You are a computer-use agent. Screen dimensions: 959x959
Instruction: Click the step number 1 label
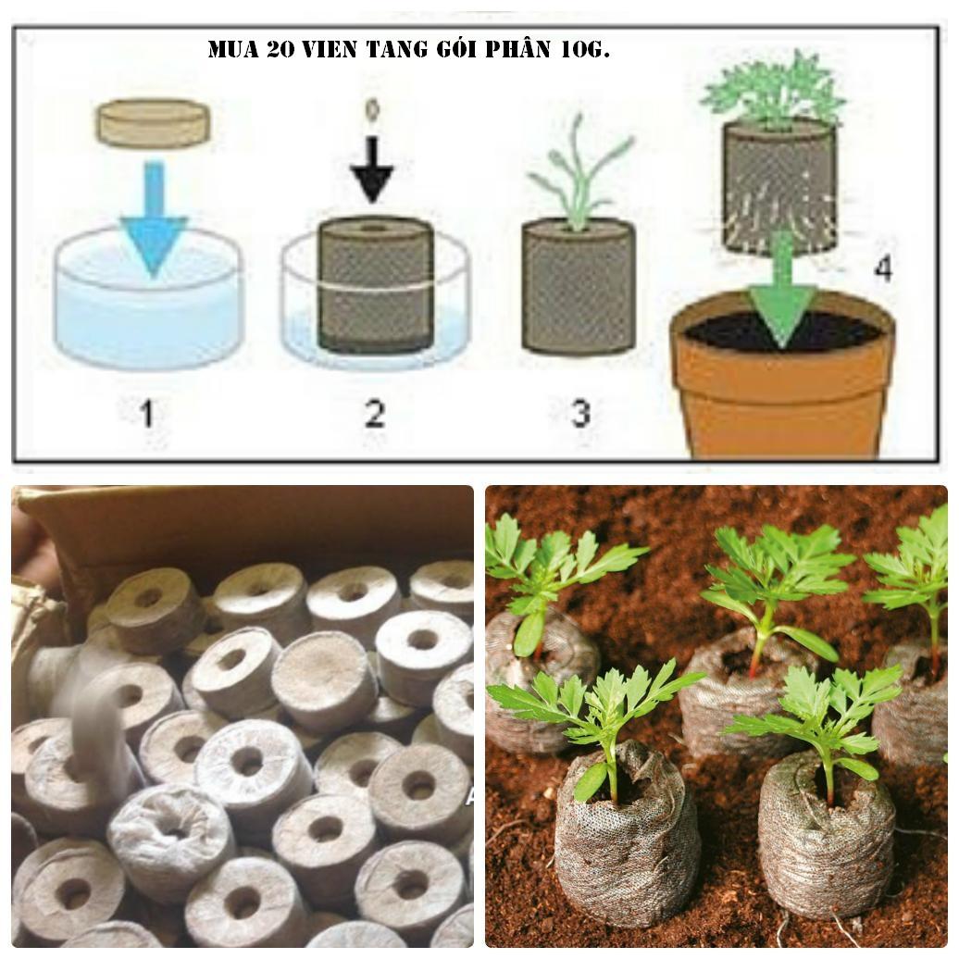146,413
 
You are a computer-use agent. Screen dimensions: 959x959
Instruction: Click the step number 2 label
374,413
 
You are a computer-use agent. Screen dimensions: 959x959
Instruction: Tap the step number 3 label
580,413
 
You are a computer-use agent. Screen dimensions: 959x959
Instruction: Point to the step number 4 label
884,269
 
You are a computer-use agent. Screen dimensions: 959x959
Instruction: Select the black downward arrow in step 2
372,170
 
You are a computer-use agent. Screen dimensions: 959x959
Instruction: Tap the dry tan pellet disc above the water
154,123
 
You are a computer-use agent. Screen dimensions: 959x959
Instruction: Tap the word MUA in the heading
232,49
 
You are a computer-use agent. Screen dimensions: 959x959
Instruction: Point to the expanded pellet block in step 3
579,287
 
